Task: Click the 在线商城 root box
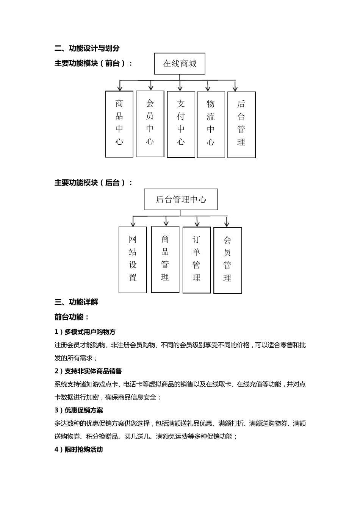[x=180, y=64]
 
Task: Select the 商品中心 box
[x=119, y=124]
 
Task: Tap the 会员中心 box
[x=150, y=123]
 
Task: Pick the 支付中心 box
[x=181, y=124]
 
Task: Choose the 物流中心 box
[x=211, y=125]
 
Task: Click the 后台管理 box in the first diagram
[x=241, y=125]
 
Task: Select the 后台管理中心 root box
[x=181, y=199]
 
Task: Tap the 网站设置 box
[x=133, y=260]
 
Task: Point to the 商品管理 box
[x=165, y=259]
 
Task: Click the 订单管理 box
[x=196, y=260]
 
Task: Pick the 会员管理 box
[x=227, y=261]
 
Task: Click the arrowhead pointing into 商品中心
[x=120, y=88]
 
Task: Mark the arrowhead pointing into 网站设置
[x=133, y=224]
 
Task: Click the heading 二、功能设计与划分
[x=87, y=48]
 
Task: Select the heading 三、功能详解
[x=77, y=302]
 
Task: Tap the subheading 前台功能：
[x=72, y=317]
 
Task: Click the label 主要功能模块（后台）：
[x=94, y=183]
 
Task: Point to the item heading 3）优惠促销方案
[x=79, y=411]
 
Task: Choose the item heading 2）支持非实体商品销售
[x=88, y=371]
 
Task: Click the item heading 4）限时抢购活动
[x=79, y=450]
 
